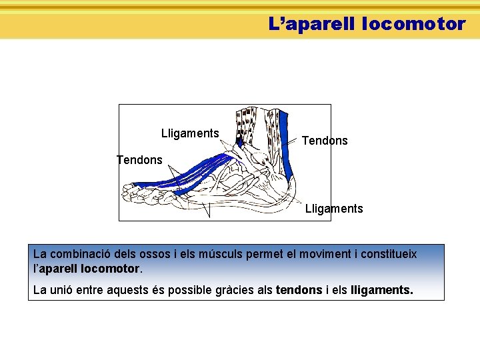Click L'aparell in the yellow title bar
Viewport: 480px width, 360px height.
[311, 25]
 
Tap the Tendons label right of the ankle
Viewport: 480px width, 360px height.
[325, 141]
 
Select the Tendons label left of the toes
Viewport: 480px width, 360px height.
[139, 160]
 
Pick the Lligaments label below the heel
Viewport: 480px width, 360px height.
[334, 209]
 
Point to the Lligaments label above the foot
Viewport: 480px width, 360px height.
[190, 133]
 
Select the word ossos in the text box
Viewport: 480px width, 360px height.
[157, 254]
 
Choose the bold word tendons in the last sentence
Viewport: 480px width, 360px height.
[299, 291]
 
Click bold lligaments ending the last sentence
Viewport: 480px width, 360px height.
[381, 291]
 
